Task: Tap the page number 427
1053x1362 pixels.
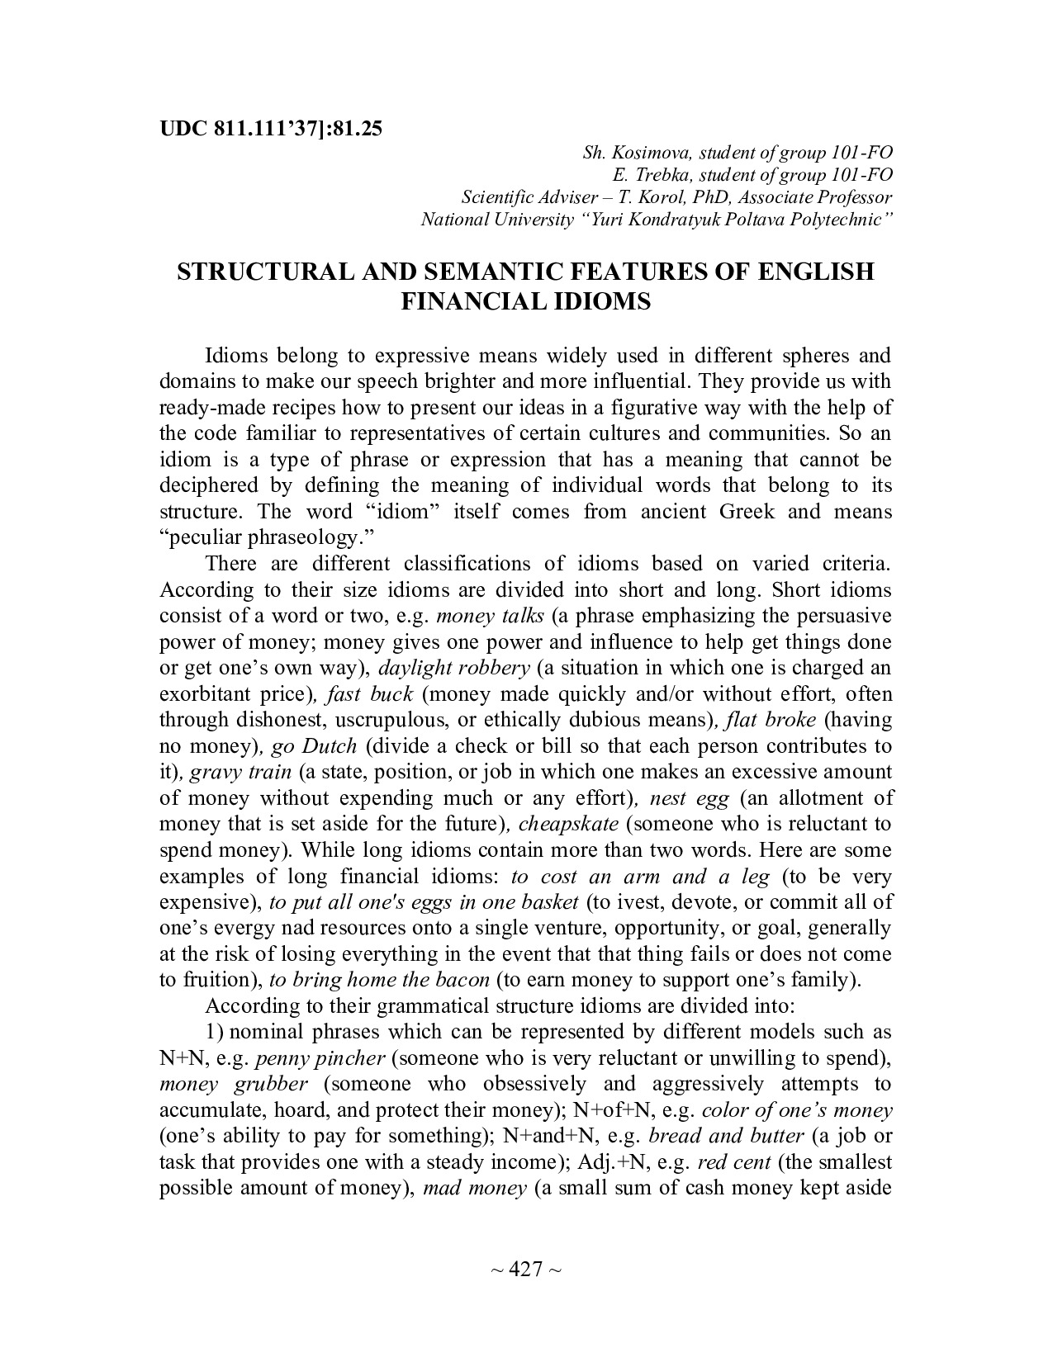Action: [525, 1269]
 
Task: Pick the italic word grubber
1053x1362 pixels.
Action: [268, 1084]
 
